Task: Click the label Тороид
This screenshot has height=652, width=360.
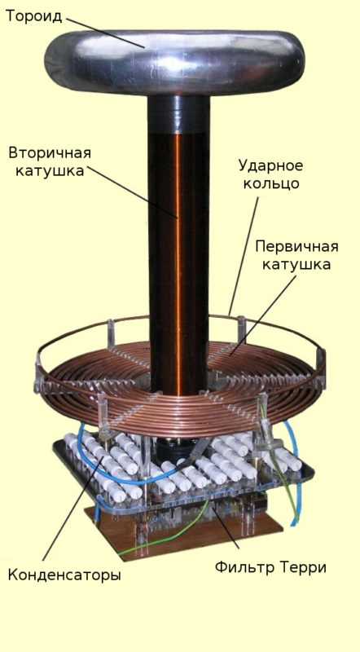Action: pos(33,16)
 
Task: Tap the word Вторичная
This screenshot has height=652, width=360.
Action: pos(50,152)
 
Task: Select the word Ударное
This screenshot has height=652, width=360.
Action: pos(270,165)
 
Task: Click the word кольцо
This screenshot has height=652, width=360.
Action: pos(271,183)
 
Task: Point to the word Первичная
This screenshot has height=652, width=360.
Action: pos(296,246)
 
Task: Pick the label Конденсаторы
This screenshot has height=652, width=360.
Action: pos(64,575)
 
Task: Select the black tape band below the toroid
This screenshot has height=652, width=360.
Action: pos(178,114)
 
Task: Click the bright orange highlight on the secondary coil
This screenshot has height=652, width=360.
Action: pos(178,262)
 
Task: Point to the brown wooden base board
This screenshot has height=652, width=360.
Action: pos(183,532)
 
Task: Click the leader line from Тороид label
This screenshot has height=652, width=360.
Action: pos(106,33)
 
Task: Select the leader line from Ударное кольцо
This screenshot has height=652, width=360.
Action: pos(244,256)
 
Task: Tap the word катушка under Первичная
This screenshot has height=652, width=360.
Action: pos(296,264)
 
